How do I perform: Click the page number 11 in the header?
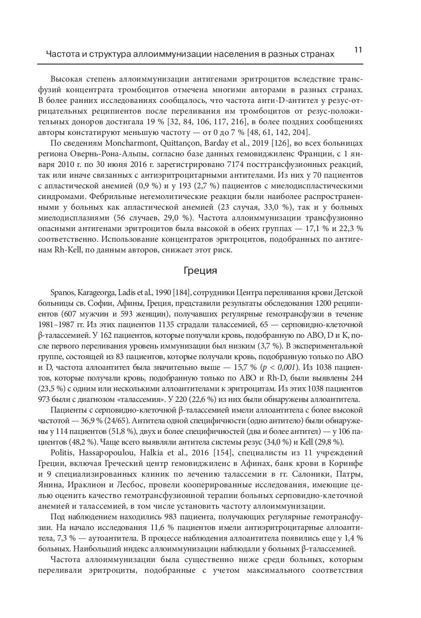click(x=358, y=50)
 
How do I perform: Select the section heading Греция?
click(x=200, y=271)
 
